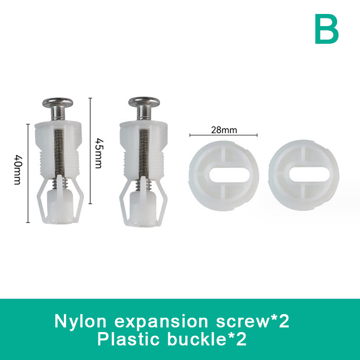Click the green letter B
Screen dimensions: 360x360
click(327, 29)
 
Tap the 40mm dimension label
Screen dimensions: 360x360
click(18, 170)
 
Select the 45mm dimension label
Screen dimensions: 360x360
click(99, 153)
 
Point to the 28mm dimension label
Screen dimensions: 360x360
click(224, 130)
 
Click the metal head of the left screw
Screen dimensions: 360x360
click(58, 103)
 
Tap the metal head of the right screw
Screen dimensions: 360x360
click(144, 102)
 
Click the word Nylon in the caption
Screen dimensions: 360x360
click(81, 322)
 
